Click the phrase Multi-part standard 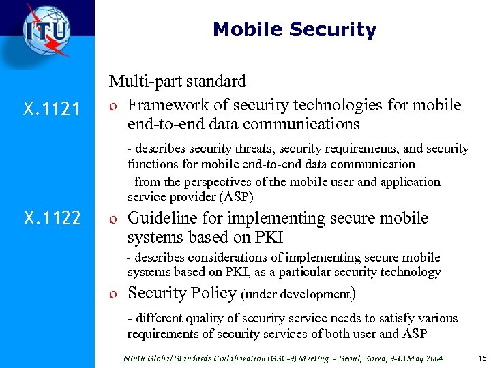(177, 81)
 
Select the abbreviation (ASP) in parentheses (237, 198)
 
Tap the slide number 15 (481, 358)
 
